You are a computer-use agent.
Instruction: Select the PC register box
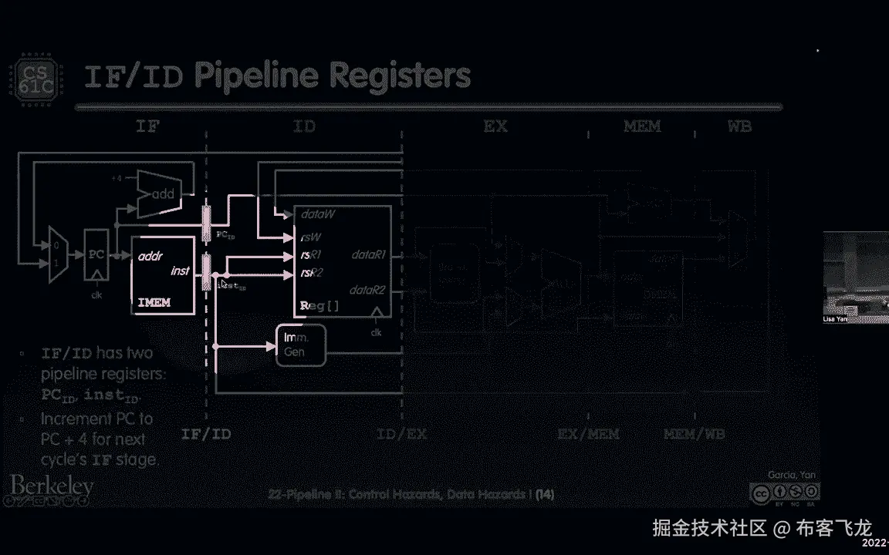[x=96, y=254]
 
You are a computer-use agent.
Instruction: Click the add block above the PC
[x=160, y=193]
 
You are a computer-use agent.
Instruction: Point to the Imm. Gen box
[x=301, y=345]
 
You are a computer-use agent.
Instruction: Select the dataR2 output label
[x=367, y=291]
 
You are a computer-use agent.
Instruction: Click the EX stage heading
[x=495, y=126]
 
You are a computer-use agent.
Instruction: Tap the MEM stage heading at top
[x=642, y=126]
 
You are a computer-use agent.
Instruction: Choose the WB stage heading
[x=739, y=126]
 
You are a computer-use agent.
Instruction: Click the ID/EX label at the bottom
[x=401, y=434]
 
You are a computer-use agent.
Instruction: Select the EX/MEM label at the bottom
[x=588, y=434]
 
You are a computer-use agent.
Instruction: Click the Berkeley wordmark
[x=52, y=486]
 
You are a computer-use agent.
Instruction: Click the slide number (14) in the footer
[x=545, y=494]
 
